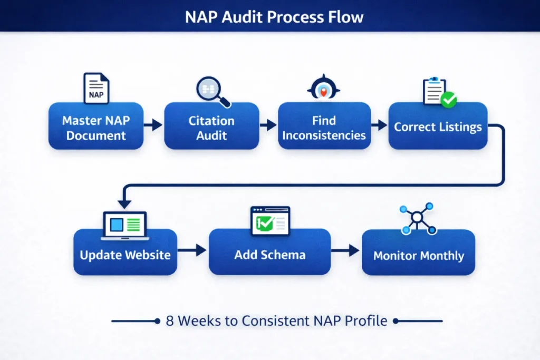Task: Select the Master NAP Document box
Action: point(95,128)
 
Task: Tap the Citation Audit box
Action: point(211,128)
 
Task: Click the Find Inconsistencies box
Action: point(324,128)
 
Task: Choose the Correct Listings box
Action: point(438,127)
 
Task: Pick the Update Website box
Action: point(125,255)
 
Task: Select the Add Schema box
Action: point(269,255)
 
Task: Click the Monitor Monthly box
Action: point(418,256)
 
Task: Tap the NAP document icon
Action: point(97,88)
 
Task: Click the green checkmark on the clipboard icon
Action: point(449,100)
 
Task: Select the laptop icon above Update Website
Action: point(126,224)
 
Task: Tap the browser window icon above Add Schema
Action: point(270,220)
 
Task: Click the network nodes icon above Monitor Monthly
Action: point(418,218)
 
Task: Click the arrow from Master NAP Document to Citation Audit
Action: point(153,125)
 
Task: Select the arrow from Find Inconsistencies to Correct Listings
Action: point(379,125)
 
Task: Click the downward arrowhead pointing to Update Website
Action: point(124,203)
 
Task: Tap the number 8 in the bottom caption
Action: point(169,321)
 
